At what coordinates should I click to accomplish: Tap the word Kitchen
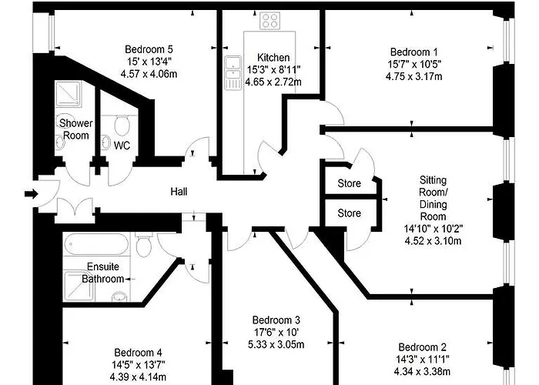coord(273,58)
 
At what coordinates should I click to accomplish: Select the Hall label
coord(179,192)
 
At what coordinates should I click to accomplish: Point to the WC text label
coord(122,145)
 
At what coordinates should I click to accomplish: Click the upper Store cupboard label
coord(349,184)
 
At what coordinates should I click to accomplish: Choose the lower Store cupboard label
coord(349,213)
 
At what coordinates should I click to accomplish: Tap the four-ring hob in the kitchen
coord(270,21)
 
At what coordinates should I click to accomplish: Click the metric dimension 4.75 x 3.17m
coord(414,76)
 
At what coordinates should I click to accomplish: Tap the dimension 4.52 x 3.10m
coord(432,239)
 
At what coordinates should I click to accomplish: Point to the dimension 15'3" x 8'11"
coord(273,69)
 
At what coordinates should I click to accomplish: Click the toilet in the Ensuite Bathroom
coord(143,246)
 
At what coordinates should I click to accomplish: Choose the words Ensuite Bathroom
coord(102,273)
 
